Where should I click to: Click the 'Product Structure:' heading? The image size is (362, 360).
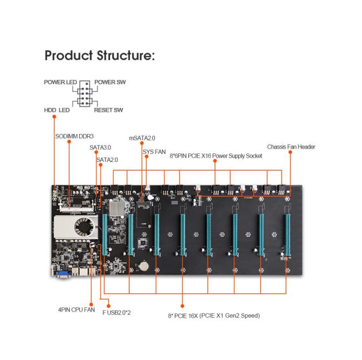[x=99, y=56]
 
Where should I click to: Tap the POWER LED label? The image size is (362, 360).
[x=61, y=82]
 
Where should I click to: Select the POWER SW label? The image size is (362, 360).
[x=110, y=82]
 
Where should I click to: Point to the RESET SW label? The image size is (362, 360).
[x=108, y=110]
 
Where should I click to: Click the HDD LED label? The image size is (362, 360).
[x=57, y=110]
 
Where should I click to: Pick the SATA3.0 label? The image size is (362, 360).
[x=100, y=148]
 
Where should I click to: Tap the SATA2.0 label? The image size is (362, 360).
[x=107, y=160]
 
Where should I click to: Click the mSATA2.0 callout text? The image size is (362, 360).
[x=143, y=138]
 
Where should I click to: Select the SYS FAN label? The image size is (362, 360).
[x=154, y=152]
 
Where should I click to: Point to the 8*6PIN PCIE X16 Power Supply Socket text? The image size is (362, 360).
[x=215, y=156]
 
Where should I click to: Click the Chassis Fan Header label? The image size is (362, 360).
[x=291, y=147]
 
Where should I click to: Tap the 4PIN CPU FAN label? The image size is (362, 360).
[x=76, y=309]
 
